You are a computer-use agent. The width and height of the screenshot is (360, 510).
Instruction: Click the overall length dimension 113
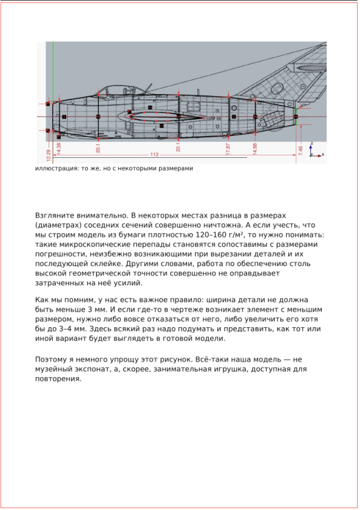155,155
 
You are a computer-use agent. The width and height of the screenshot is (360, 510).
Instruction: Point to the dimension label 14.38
59,148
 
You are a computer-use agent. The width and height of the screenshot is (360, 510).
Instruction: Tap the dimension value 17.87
228,149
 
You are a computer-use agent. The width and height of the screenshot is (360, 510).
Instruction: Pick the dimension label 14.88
255,149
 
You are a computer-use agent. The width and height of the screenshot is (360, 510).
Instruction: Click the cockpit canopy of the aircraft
109,92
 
